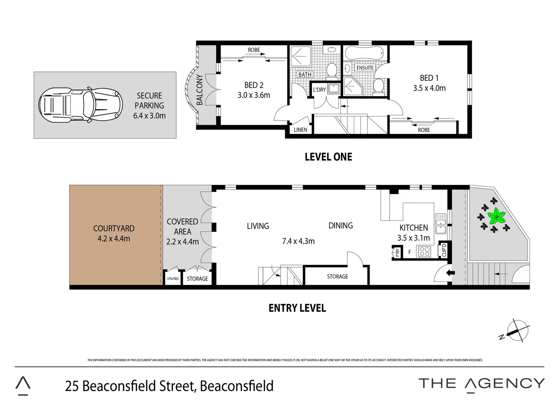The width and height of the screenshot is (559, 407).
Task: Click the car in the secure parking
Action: pos(81,105)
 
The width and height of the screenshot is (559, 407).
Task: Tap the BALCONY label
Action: pos(200,90)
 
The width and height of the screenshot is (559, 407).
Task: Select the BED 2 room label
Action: pos(254,86)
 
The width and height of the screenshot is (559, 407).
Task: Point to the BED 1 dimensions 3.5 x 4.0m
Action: pos(429,88)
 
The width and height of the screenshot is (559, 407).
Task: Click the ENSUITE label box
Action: pos(365,68)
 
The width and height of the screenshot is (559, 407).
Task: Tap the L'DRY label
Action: pos(319,90)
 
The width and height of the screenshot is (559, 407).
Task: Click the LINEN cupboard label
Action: pos(301,130)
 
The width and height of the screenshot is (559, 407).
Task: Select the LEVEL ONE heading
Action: pos(328,157)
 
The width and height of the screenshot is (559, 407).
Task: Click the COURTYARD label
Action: pos(114,228)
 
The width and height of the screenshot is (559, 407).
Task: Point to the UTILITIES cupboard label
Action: pos(173,279)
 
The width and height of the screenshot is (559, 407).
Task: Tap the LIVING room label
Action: pos(258,226)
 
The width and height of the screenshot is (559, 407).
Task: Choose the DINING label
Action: pos(341,225)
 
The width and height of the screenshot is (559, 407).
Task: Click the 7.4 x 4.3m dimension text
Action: pos(298,241)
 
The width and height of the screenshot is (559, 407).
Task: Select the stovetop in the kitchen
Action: pos(425,251)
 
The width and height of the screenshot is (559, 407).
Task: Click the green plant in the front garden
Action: pos(497,217)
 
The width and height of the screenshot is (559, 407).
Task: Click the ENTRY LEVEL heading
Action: pos(297,308)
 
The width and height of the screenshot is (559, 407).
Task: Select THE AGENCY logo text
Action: pos(482,383)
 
